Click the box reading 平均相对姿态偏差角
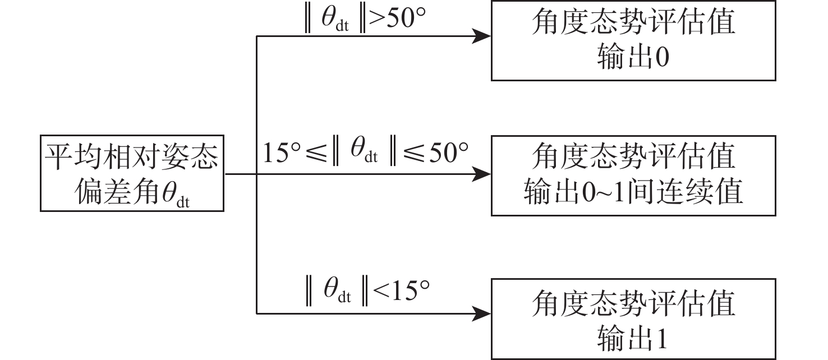tap(132, 173)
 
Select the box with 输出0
tap(633, 41)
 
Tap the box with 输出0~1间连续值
tap(633, 176)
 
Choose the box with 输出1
tap(633, 319)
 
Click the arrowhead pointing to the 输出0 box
tap(482, 36)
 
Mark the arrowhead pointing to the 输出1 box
tap(482, 313)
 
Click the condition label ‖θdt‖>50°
tap(367, 19)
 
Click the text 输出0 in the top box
tap(633, 58)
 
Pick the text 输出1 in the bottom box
tap(633, 339)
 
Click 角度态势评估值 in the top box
tap(633, 24)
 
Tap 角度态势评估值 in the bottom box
tap(633, 303)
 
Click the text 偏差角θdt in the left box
tap(132, 192)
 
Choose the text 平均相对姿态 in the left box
tap(132, 155)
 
